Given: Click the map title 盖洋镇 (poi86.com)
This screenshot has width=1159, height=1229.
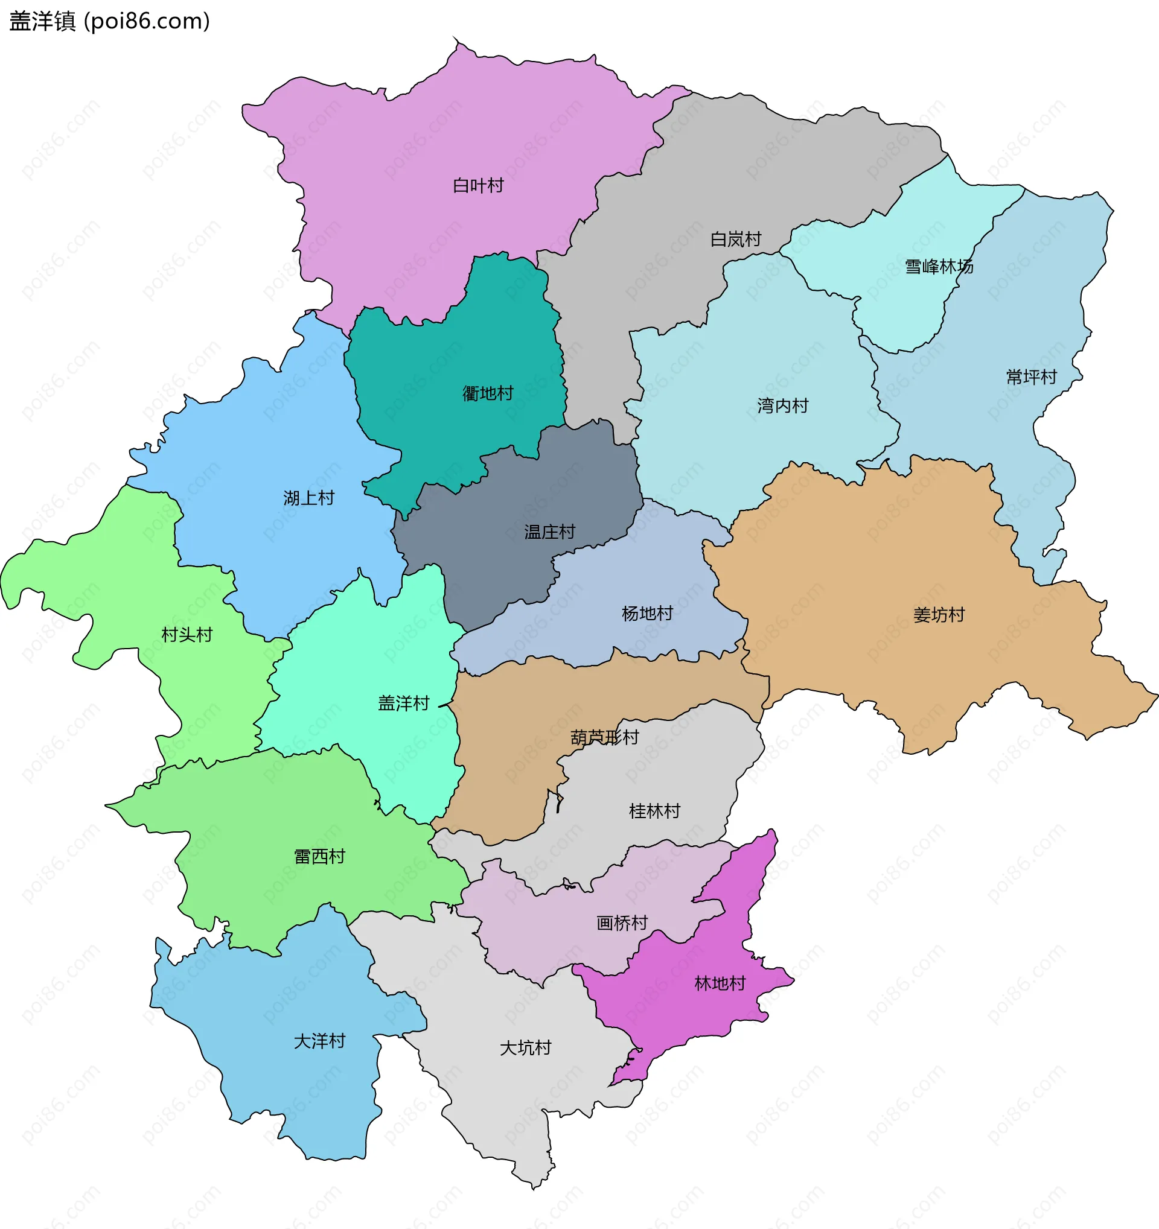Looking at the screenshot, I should pyautogui.click(x=109, y=22).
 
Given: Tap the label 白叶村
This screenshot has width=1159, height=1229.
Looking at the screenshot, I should pyautogui.click(x=478, y=185).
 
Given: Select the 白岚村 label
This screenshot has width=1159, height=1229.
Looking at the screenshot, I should pyautogui.click(x=735, y=240).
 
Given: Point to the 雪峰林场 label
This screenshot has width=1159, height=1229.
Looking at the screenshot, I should pyautogui.click(x=939, y=267).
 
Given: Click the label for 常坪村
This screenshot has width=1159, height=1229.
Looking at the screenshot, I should pyautogui.click(x=1031, y=376).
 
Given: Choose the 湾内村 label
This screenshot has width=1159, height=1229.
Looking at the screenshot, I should pyautogui.click(x=782, y=405).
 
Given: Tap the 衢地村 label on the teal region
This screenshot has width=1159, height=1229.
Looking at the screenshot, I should pyautogui.click(x=487, y=393).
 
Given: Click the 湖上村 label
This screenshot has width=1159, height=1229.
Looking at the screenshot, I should pyautogui.click(x=308, y=498).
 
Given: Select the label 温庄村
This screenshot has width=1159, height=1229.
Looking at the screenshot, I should pyautogui.click(x=549, y=532).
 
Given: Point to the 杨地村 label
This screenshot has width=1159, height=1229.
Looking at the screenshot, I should pyautogui.click(x=647, y=613).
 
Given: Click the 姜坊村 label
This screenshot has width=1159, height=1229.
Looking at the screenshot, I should pyautogui.click(x=939, y=614).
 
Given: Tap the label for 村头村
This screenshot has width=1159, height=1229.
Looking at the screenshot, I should pyautogui.click(x=187, y=634).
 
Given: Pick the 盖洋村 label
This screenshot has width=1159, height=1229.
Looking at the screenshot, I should pyautogui.click(x=403, y=703).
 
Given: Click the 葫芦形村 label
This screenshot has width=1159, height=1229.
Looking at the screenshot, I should pyautogui.click(x=604, y=737).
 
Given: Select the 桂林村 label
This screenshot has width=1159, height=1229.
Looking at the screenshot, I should pyautogui.click(x=654, y=810).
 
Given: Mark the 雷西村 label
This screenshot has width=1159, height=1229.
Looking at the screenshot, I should pyautogui.click(x=319, y=856).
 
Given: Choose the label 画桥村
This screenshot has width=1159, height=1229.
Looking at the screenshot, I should pyautogui.click(x=622, y=923).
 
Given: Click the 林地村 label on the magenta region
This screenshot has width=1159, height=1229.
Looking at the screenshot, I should pyautogui.click(x=720, y=983).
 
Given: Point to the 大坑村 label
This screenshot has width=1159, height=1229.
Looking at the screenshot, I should pyautogui.click(x=525, y=1048).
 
